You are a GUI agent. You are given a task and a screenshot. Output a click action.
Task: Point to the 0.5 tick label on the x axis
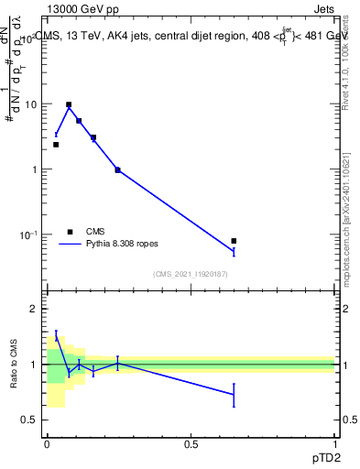click(x=191, y=444)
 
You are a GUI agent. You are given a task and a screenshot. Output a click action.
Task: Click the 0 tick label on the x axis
click(x=47, y=444)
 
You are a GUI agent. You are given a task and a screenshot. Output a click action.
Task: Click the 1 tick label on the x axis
click(x=334, y=444)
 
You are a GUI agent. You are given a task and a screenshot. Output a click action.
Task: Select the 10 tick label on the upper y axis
click(x=30, y=104)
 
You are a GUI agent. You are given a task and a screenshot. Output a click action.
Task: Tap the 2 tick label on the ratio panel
click(x=35, y=309)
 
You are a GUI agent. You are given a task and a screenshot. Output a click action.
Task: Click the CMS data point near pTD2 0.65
click(x=235, y=241)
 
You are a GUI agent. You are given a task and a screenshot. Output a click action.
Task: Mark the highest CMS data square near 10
click(x=68, y=104)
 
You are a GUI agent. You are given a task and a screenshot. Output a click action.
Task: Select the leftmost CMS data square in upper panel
click(x=56, y=145)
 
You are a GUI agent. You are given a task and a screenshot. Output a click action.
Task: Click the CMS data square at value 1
click(x=117, y=169)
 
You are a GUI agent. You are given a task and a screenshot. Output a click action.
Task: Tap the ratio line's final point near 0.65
click(x=235, y=394)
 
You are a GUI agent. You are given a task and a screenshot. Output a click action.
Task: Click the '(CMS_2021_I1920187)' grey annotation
click(x=191, y=274)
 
